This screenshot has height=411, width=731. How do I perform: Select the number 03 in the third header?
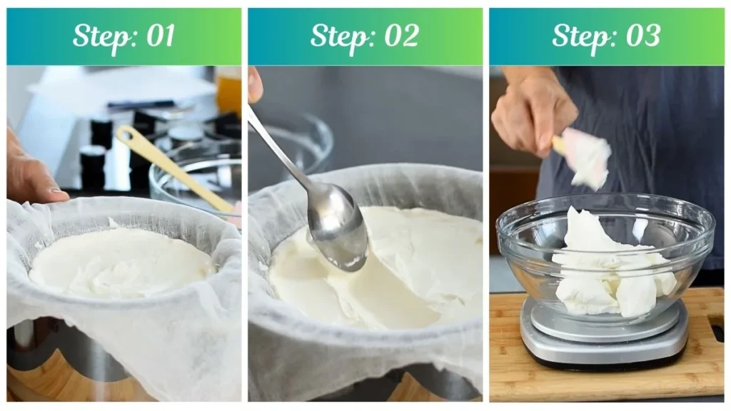pyautogui.click(x=642, y=36)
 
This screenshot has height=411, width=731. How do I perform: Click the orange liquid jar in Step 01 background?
pyautogui.click(x=229, y=89)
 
